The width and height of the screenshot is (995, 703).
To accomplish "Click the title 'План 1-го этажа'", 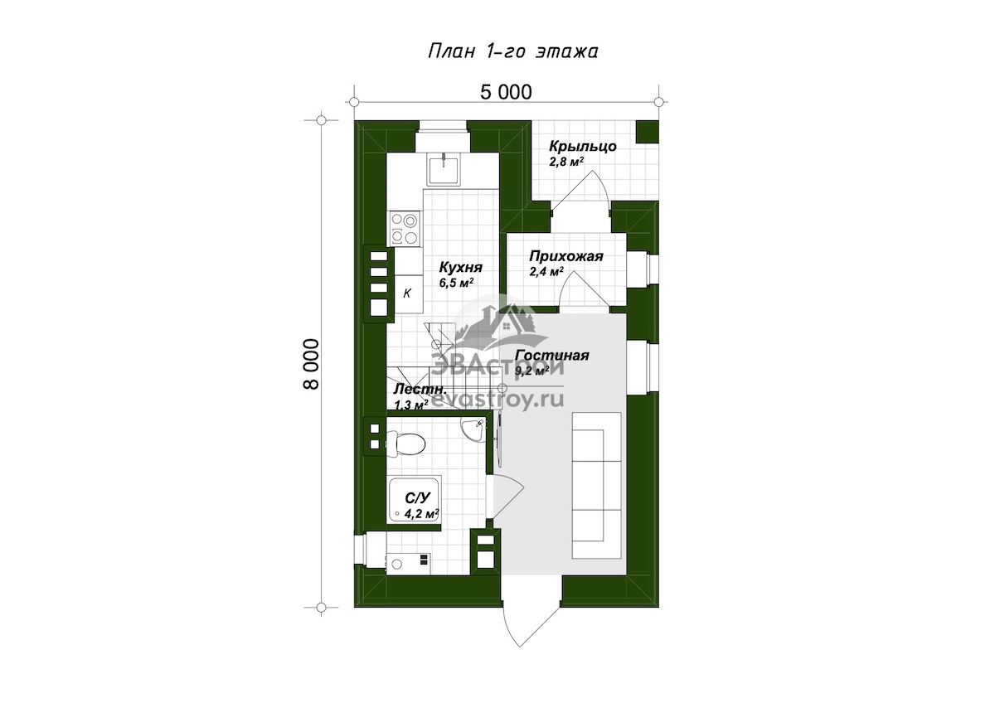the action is [x=513, y=52].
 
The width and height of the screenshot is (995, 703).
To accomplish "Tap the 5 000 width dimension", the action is [x=506, y=92].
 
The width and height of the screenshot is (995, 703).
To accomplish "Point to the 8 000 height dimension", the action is [x=312, y=364].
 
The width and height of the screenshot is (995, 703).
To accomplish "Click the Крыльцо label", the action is [x=583, y=147].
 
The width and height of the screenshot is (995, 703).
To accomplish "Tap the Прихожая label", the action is [x=566, y=256].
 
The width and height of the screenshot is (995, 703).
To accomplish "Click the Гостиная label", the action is [x=552, y=356].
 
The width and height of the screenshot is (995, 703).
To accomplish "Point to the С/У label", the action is [x=419, y=497].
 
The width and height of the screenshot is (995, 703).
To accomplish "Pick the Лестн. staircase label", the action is [x=420, y=389].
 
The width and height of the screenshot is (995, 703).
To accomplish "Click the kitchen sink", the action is [x=444, y=168].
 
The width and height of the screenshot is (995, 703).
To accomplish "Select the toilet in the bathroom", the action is [x=405, y=444].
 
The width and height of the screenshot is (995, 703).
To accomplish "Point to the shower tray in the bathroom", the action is [x=415, y=500].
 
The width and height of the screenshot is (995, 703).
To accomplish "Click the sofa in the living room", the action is [x=597, y=486].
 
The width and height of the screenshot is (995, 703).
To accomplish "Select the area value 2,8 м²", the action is [x=566, y=161].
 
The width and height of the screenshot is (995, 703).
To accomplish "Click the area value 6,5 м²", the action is [x=456, y=283].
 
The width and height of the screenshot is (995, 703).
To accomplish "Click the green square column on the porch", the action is [x=648, y=132].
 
